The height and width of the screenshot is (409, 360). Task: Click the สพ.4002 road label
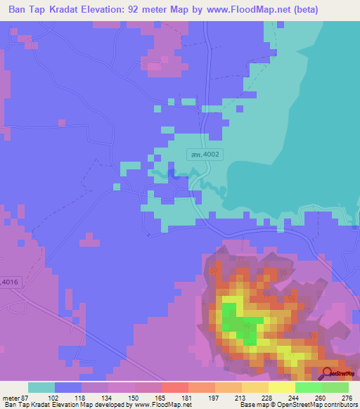205,154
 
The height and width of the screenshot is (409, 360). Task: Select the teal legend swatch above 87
41,387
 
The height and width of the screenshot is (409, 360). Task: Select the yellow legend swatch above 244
281,387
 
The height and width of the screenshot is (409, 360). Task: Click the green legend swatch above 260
308,387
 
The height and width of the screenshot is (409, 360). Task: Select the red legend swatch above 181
174,387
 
